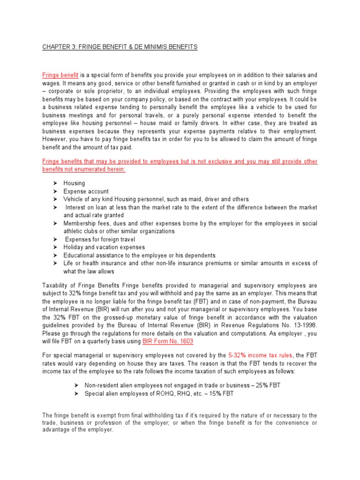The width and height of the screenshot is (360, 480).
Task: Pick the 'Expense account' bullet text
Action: click(x=86, y=191)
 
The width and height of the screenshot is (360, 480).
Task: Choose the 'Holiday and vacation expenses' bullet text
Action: click(x=104, y=247)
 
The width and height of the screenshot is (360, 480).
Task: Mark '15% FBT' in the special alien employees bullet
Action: click(x=222, y=393)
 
